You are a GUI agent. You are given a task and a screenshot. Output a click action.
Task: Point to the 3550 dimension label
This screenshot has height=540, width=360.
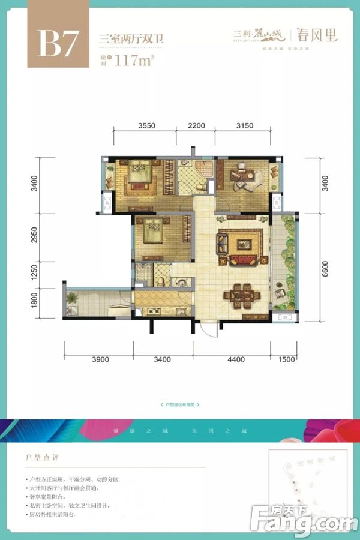tap(146, 125)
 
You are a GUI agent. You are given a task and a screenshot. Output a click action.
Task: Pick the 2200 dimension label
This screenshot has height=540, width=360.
tap(196, 125)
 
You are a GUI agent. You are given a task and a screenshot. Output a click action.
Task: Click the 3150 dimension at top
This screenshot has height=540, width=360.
tap(245, 125)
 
